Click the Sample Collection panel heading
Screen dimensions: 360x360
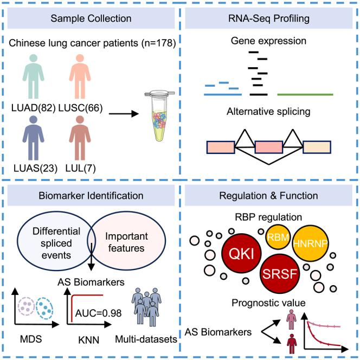(x=91, y=18)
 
